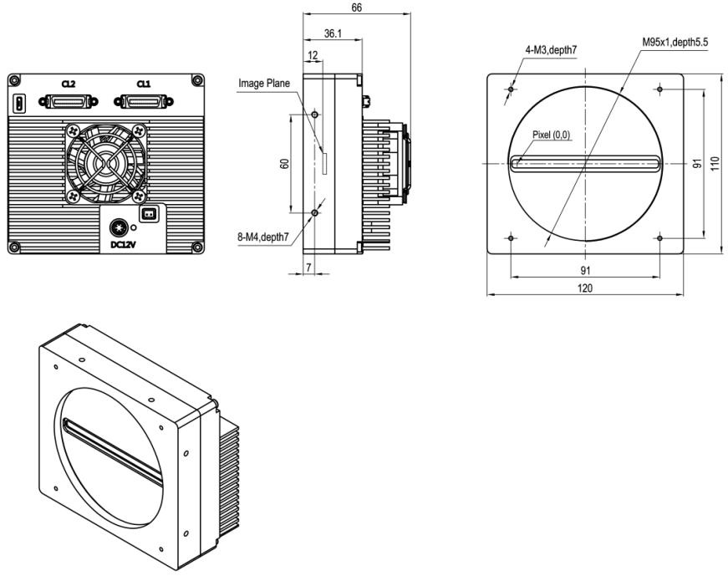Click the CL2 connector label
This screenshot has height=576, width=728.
point(69,85)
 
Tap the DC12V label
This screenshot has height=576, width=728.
point(121,246)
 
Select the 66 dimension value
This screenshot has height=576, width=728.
point(358,7)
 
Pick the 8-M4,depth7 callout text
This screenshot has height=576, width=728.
point(263,237)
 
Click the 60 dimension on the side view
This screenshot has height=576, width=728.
point(284,164)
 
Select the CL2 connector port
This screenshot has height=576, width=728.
point(69,102)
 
